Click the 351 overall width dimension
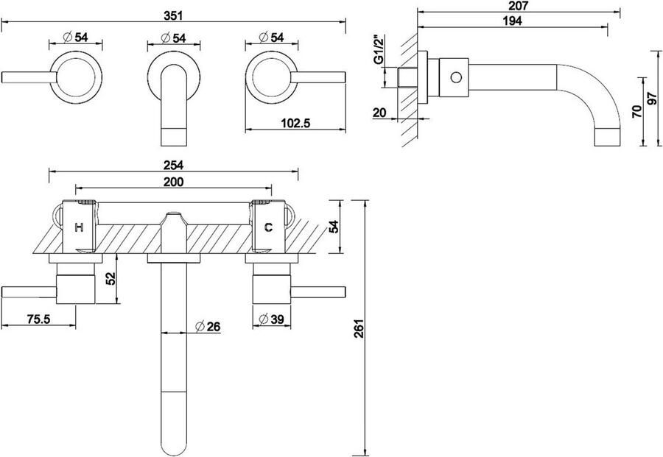coord(173,15)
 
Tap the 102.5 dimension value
coord(295,123)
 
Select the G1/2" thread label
coord(379,51)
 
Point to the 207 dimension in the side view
coord(519,6)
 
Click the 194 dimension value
coord(513,21)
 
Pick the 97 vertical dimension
coord(653,98)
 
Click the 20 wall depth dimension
coord(379,113)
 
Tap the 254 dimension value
coord(173,165)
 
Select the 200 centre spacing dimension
coord(173,182)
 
